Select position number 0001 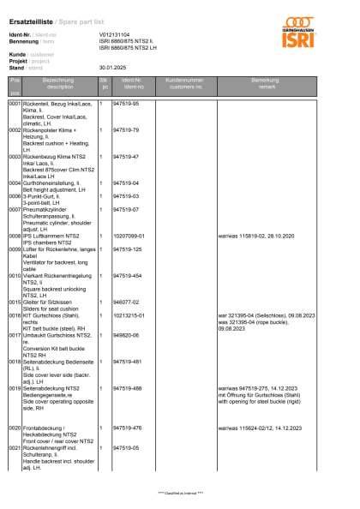15,103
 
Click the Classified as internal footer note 180,493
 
